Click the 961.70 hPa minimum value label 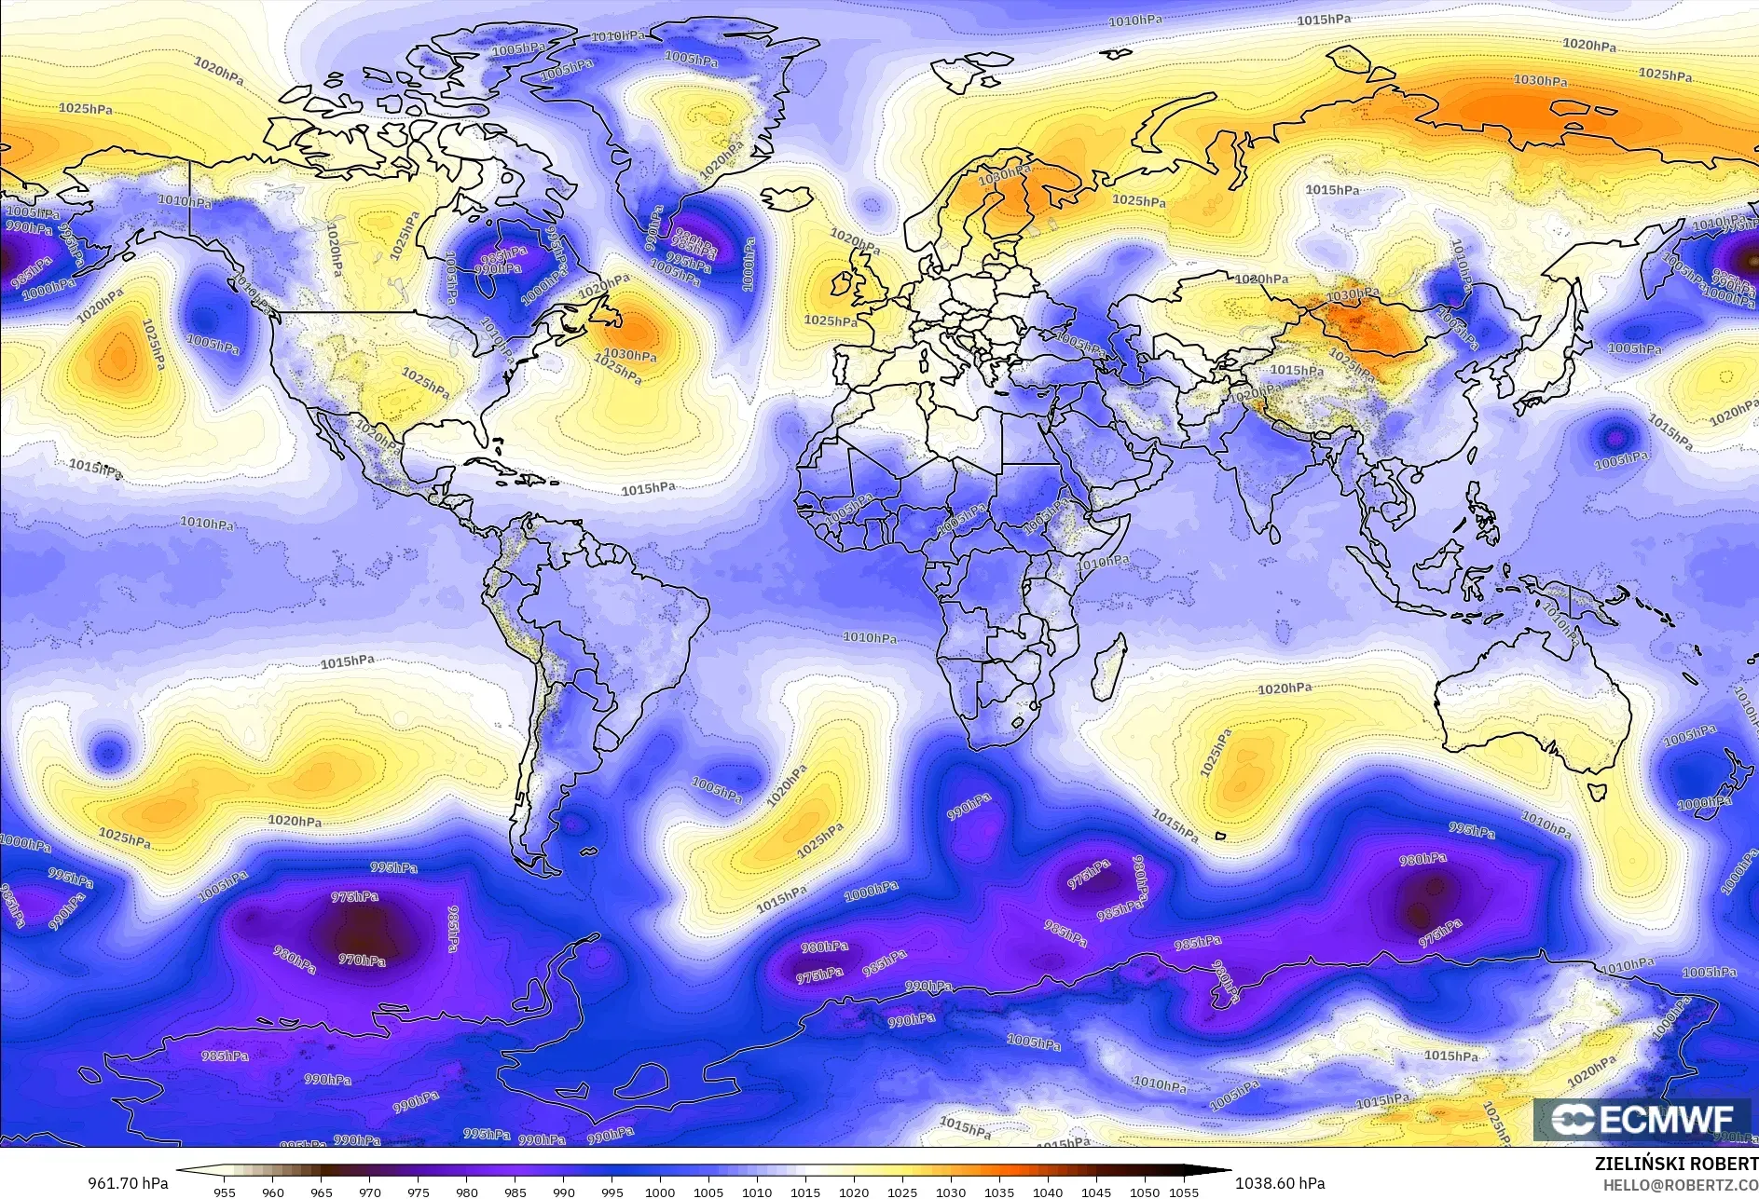point(127,1183)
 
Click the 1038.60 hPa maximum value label point(1279,1183)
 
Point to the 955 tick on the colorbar point(225,1192)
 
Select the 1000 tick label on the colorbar point(660,1192)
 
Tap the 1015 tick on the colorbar point(805,1192)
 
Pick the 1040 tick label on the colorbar point(1048,1192)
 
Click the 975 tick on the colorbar point(419,1192)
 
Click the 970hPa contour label point(362,960)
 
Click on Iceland point(786,199)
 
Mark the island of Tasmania point(1598,790)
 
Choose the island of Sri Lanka point(1275,533)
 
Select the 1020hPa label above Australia point(1285,688)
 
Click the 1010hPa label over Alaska point(185,200)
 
